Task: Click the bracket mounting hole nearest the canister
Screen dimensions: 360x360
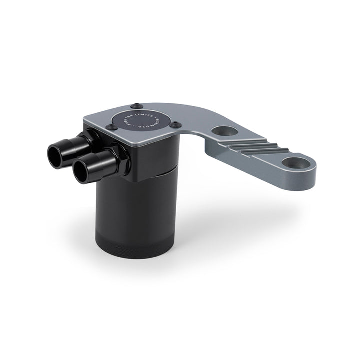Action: point(222,131)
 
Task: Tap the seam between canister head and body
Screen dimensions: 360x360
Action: point(160,175)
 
